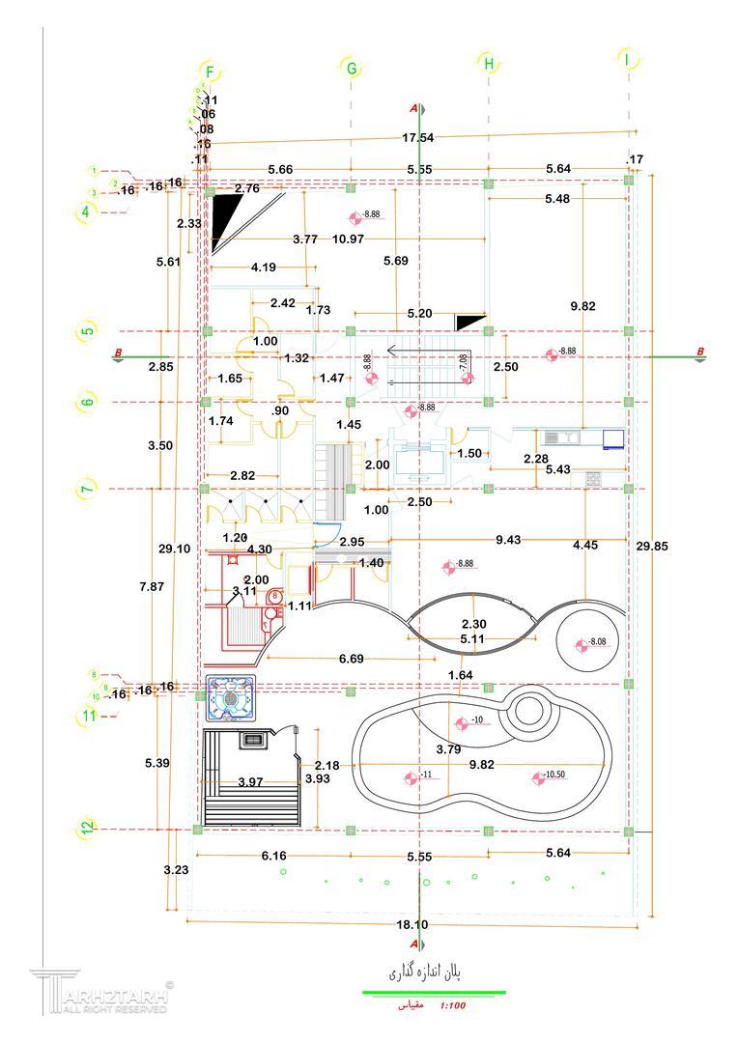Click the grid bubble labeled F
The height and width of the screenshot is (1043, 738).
[x=210, y=71]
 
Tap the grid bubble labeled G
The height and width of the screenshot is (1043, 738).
[x=352, y=68]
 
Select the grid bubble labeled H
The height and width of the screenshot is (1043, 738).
[x=489, y=64]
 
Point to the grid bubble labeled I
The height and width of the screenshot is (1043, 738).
[x=628, y=60]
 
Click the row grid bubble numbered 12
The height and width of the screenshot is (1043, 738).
[x=88, y=828]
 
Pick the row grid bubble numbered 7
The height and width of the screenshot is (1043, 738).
[x=88, y=489]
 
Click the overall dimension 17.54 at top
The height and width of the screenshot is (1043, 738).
[x=417, y=138]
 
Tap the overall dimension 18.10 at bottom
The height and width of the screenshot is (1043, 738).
[x=412, y=924]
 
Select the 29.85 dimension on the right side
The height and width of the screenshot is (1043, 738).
[x=653, y=546]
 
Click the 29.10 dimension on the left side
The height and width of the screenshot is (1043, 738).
[x=175, y=548]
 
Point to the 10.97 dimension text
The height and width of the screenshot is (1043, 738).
[x=348, y=239]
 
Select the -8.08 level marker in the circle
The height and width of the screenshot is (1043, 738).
[x=587, y=643]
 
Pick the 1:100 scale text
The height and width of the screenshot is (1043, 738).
[x=452, y=1006]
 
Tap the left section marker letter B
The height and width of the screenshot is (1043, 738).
[x=118, y=352]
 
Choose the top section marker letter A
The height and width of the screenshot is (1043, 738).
[x=413, y=107]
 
